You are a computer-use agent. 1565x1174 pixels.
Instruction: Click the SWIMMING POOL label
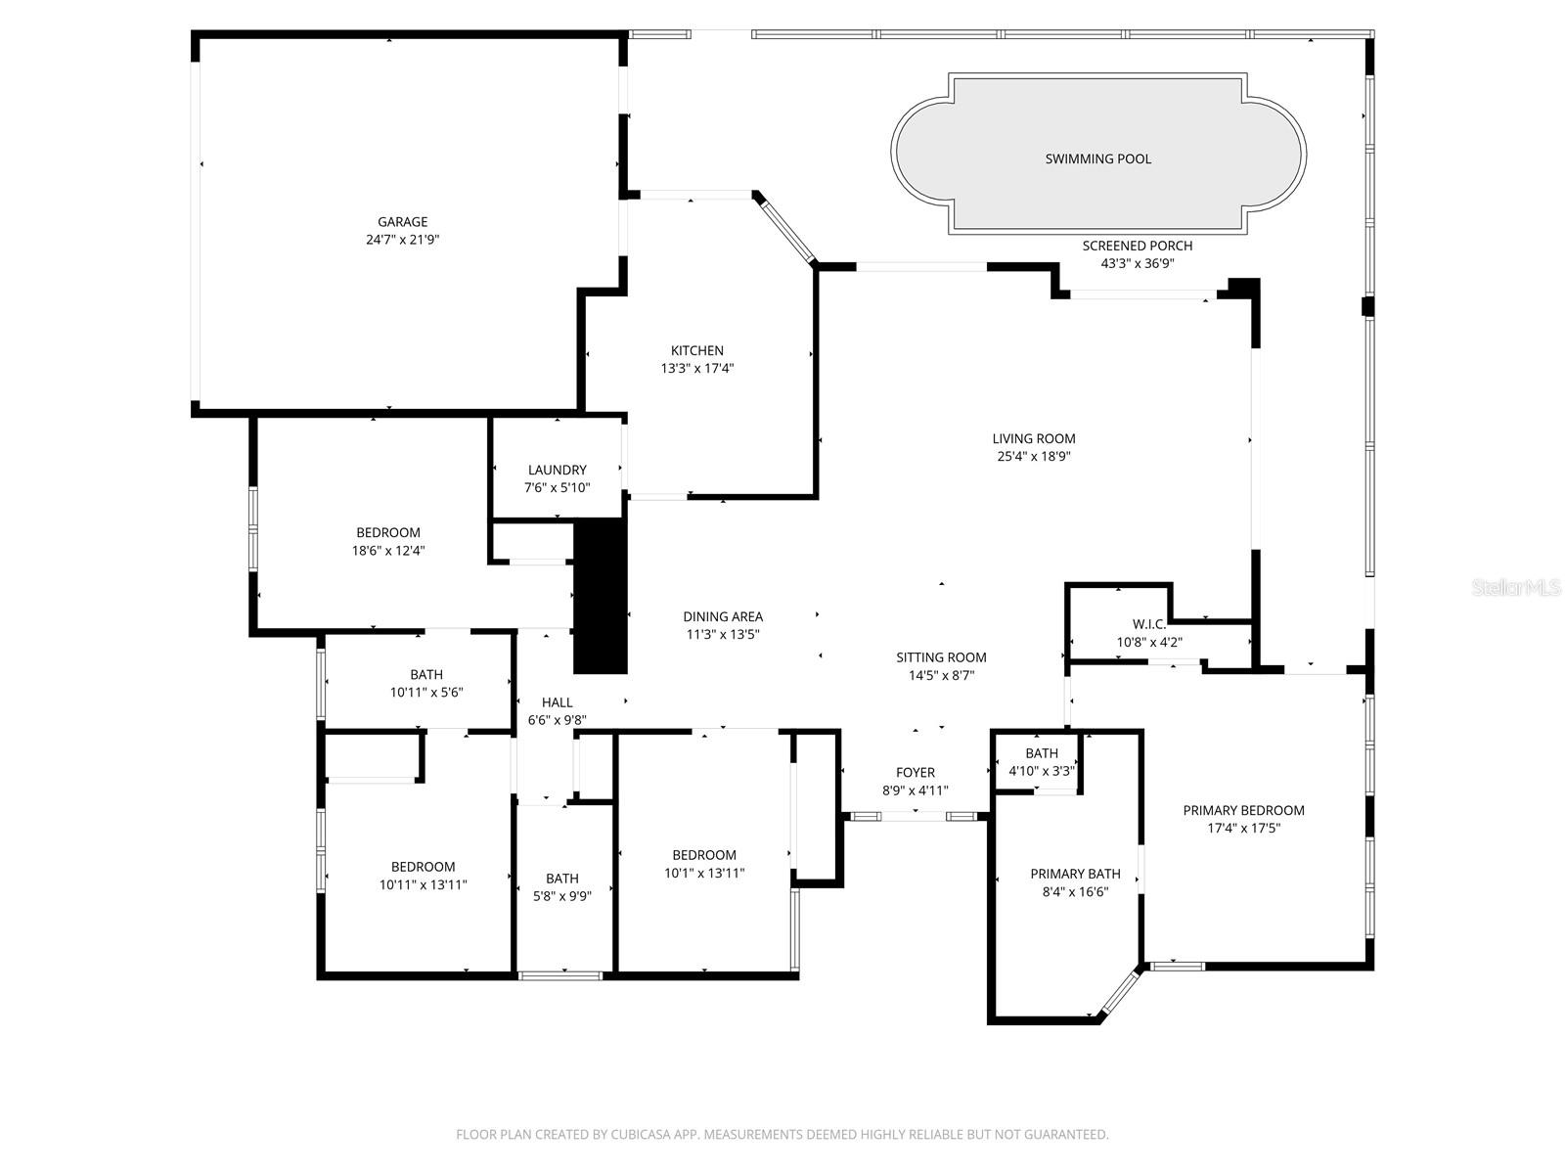pyautogui.click(x=1097, y=158)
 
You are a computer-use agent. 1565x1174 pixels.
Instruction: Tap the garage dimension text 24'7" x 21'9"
pyautogui.click(x=403, y=240)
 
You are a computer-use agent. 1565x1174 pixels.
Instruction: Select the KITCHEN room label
pyautogui.click(x=696, y=350)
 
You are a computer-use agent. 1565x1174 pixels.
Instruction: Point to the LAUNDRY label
pyautogui.click(x=557, y=470)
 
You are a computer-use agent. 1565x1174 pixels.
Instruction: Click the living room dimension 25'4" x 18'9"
pyautogui.click(x=1033, y=456)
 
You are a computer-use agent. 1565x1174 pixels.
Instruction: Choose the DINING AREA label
pyautogui.click(x=722, y=616)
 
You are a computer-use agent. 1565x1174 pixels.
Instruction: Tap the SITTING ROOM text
pyautogui.click(x=941, y=657)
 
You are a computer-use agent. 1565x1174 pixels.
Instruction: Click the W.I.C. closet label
pyautogui.click(x=1148, y=624)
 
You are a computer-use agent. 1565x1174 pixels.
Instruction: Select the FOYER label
pyautogui.click(x=915, y=773)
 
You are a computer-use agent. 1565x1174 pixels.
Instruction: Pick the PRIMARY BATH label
pyautogui.click(x=1075, y=874)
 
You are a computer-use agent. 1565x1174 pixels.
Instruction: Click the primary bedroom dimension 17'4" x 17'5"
pyautogui.click(x=1243, y=828)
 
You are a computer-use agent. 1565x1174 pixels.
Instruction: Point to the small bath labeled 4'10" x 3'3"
pyautogui.click(x=1041, y=762)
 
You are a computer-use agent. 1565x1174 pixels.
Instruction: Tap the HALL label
pyautogui.click(x=557, y=702)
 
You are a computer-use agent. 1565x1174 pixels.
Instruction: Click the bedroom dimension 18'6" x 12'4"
pyautogui.click(x=388, y=551)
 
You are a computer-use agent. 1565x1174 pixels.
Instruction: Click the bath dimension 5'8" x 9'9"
pyautogui.click(x=561, y=896)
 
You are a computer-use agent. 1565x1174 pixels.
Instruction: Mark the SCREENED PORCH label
pyautogui.click(x=1137, y=246)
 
